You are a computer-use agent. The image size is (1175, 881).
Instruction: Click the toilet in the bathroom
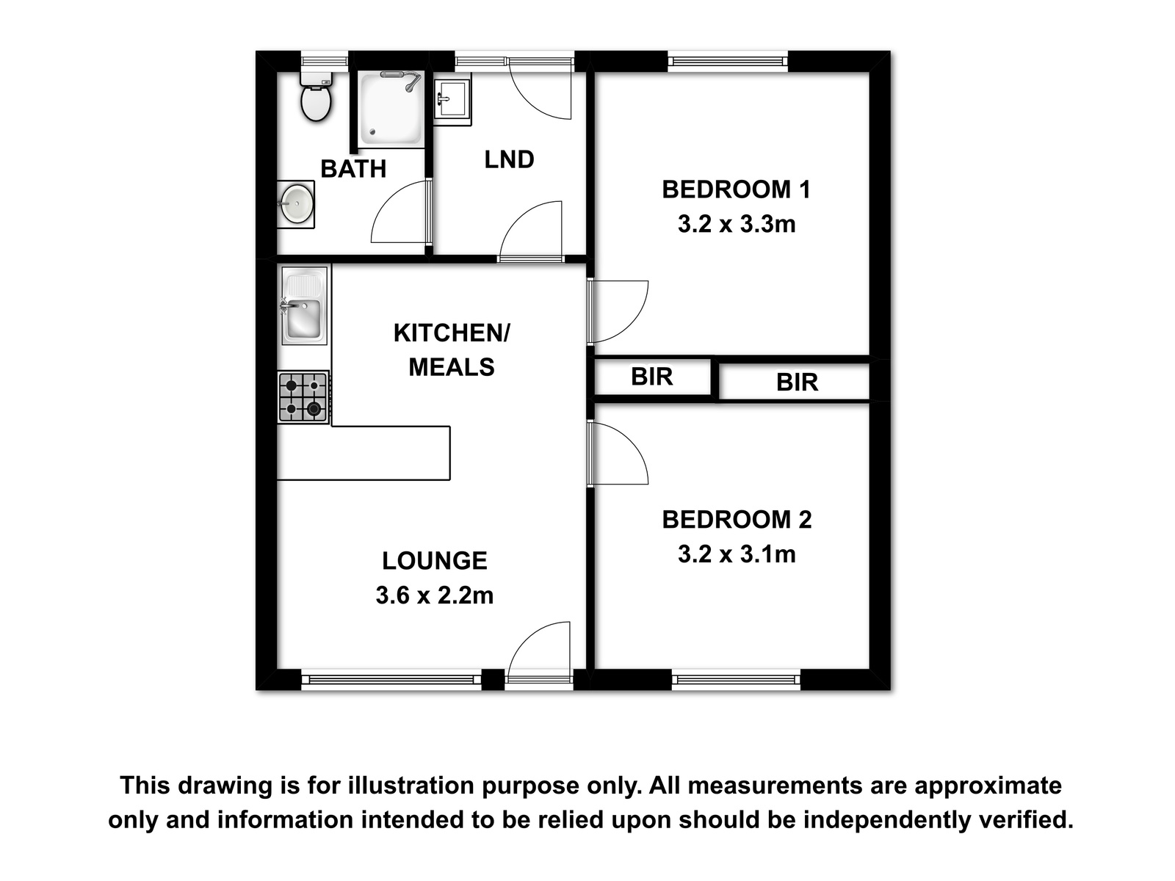[317, 96]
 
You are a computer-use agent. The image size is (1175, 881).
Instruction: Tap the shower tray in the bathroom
[390, 109]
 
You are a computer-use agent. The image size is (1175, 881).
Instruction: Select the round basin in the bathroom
[295, 204]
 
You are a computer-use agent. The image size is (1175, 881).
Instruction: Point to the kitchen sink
[304, 305]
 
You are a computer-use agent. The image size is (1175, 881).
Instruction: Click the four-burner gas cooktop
[303, 397]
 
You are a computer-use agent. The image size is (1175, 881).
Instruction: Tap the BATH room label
[353, 169]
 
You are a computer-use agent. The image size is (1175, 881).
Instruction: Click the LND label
[509, 159]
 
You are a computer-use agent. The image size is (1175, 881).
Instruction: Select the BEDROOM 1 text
[736, 189]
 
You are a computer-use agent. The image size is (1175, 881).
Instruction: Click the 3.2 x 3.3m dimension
[737, 224]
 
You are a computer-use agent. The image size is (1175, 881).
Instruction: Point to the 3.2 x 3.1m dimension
[737, 554]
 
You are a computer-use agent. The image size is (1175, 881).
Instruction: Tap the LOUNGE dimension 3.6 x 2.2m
[434, 595]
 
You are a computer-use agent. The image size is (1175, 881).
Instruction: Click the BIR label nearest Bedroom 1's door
[651, 377]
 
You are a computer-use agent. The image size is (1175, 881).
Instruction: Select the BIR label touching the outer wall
[797, 383]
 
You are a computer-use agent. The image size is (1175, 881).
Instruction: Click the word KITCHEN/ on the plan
[452, 333]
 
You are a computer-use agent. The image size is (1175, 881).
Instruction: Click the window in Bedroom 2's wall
[736, 680]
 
